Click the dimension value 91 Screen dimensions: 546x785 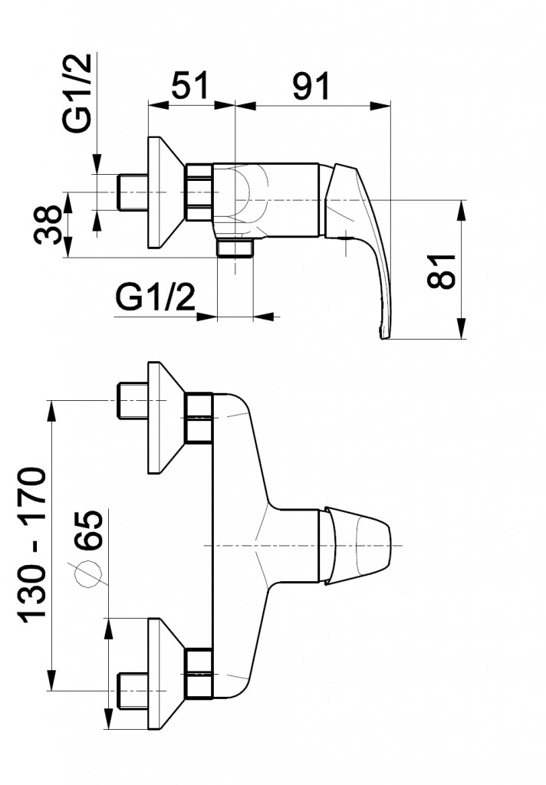[311, 85]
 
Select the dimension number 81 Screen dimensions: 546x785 [442, 271]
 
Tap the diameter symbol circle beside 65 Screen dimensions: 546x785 [89, 573]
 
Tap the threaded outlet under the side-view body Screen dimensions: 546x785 [235, 248]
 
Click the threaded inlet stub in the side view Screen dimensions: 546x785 [132, 192]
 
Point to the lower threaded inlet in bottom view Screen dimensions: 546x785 [132, 691]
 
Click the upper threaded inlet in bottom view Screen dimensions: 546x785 [132, 400]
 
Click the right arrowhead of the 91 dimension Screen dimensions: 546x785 [380, 105]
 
